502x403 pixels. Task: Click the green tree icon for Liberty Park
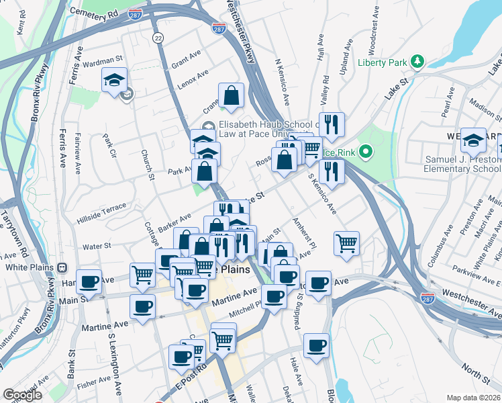point(417,62)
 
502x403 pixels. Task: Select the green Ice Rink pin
point(366,152)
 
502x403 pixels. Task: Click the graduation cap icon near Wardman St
point(115,79)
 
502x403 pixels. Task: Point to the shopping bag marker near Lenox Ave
point(231,96)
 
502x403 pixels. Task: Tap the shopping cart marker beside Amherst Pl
point(346,243)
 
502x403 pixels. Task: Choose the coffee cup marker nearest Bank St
point(89,282)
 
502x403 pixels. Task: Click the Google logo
point(22,395)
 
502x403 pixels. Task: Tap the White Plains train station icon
point(62,267)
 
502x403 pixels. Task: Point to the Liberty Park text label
point(383,62)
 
